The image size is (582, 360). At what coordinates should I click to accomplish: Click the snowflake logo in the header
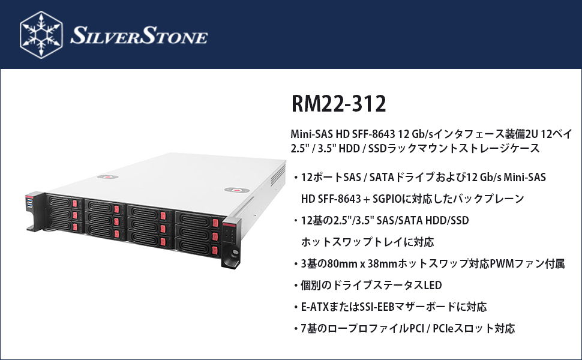(41, 34)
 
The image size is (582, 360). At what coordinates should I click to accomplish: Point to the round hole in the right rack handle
(229, 263)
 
